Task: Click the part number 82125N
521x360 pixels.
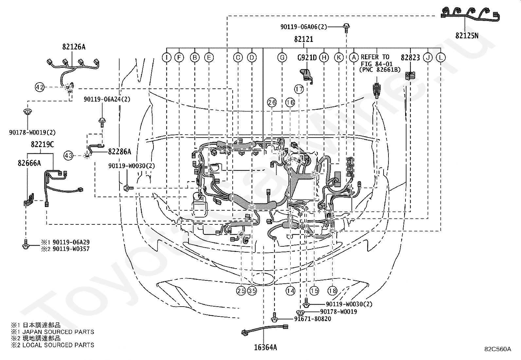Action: [467, 36]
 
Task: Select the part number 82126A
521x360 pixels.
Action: [74, 47]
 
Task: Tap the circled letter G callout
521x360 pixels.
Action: [282, 57]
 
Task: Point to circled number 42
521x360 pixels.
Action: [40, 87]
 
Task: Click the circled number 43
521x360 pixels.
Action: [68, 155]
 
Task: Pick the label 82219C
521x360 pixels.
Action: [42, 144]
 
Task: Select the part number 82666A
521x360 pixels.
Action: [29, 163]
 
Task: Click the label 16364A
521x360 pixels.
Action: [265, 348]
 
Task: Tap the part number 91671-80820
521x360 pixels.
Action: [313, 319]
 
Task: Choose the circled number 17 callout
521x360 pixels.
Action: [299, 89]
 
